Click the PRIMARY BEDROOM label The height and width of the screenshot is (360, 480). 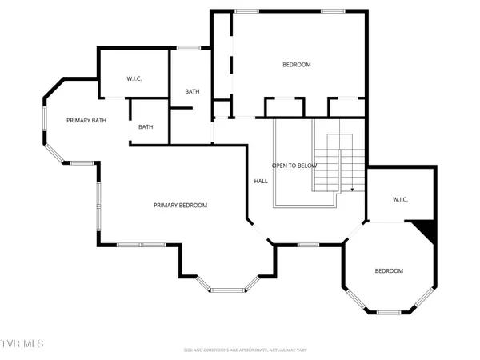tap(180, 206)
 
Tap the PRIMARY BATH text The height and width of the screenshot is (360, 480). tap(86, 119)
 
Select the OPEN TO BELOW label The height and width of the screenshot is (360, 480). tap(294, 166)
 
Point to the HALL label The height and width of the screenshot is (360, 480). tap(260, 182)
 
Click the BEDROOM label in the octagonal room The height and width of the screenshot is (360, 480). tap(389, 271)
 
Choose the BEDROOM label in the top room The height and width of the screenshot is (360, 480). tap(296, 64)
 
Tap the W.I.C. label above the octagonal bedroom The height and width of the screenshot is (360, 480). tap(400, 199)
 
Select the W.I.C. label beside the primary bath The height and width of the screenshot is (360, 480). tap(134, 78)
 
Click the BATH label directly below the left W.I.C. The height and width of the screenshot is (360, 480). tap(146, 126)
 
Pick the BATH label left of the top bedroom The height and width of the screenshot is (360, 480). tap(192, 91)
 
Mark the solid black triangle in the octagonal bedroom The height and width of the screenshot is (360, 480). tap(430, 232)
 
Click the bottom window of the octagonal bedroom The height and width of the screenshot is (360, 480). tap(389, 310)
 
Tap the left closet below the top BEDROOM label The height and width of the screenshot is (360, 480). tap(285, 106)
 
